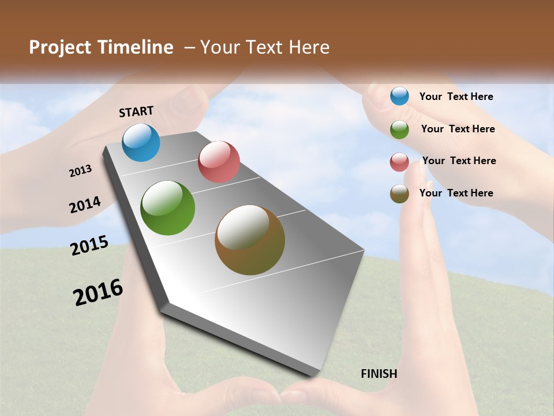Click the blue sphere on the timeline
(141, 142)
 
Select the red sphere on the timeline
(219, 161)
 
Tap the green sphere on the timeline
(168, 208)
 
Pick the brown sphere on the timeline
(250, 240)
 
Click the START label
(136, 112)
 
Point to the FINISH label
(379, 374)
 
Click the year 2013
(81, 171)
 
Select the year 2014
(85, 205)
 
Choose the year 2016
(98, 292)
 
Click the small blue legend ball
(399, 96)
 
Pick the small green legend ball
(399, 129)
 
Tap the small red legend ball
(399, 162)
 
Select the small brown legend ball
(399, 194)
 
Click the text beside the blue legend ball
(456, 96)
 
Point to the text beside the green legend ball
(458, 129)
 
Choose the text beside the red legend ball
(459, 161)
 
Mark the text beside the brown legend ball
(456, 193)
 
